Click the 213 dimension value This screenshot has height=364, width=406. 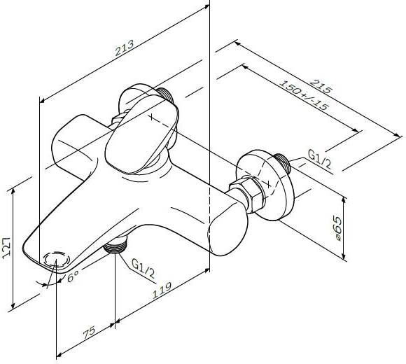coord(125,48)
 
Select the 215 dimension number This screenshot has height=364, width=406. coord(321,87)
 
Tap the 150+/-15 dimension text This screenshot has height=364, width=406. coord(304,95)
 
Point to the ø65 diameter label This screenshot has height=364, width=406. coord(337,229)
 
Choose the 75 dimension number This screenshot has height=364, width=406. coord(89,333)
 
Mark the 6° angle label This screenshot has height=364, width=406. coord(73,276)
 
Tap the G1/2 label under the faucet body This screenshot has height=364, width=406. coord(143,268)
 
